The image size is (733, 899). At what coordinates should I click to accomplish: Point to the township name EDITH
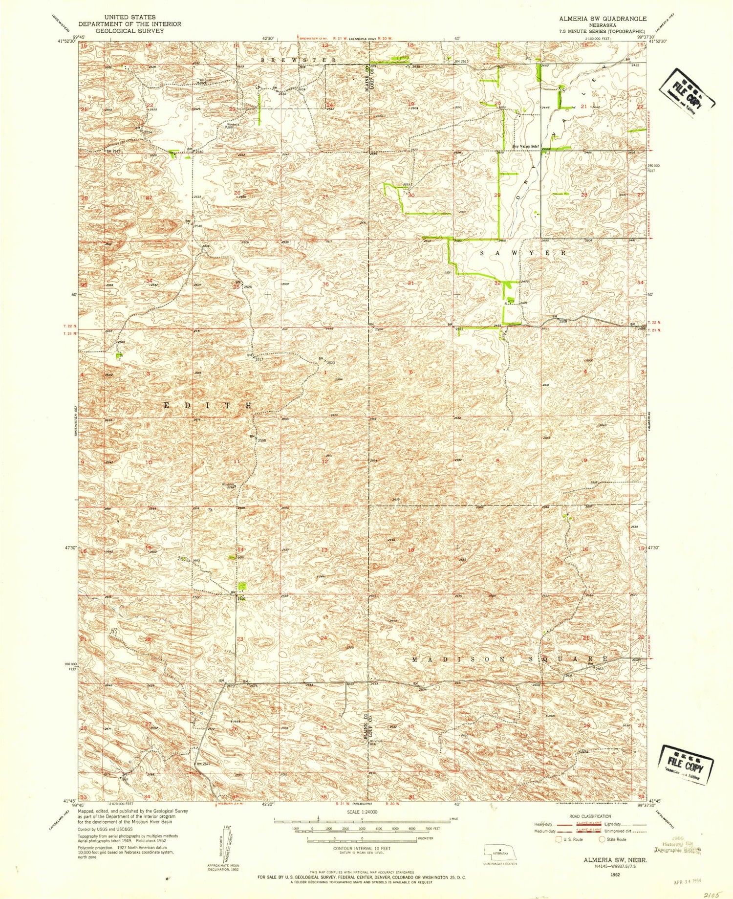pyautogui.click(x=208, y=406)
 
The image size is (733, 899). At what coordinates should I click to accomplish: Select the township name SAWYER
pyautogui.click(x=523, y=253)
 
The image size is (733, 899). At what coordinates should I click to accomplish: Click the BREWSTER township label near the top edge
pyautogui.click(x=298, y=60)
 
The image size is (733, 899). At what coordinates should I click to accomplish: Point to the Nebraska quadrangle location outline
pyautogui.click(x=499, y=850)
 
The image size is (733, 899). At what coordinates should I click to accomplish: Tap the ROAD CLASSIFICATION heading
pyautogui.click(x=590, y=816)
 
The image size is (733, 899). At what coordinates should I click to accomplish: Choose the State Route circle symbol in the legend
pyautogui.click(x=603, y=839)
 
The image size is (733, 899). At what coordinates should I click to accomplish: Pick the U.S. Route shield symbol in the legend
pyautogui.click(x=559, y=839)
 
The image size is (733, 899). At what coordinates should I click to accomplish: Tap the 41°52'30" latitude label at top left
pyautogui.click(x=66, y=42)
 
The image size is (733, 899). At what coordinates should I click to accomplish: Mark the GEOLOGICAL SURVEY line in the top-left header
pyautogui.click(x=129, y=30)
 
